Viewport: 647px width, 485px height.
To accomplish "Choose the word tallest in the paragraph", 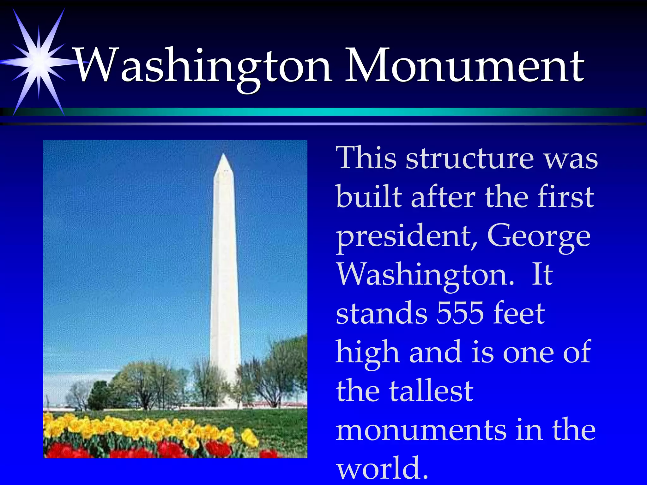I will pos(431,392).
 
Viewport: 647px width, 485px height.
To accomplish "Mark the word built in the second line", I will pos(368,197).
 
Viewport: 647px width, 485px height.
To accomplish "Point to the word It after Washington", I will pos(542,275).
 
